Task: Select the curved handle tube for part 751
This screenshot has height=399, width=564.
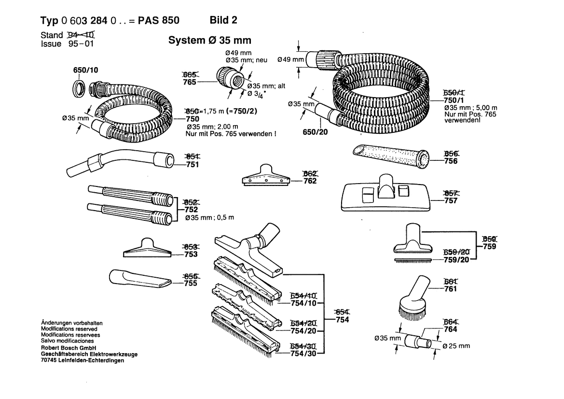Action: (121, 163)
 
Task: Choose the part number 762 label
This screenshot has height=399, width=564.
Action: (310, 181)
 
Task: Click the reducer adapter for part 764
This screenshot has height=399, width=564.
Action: (416, 342)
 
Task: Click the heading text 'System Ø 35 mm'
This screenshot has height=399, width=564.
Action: (209, 41)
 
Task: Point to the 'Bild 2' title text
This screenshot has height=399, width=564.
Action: (223, 20)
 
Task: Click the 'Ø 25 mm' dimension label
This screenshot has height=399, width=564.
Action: (456, 346)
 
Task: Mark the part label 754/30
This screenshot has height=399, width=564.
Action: (303, 354)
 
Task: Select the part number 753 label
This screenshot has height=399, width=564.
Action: (191, 255)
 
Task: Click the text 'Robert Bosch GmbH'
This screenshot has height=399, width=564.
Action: (69, 348)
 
